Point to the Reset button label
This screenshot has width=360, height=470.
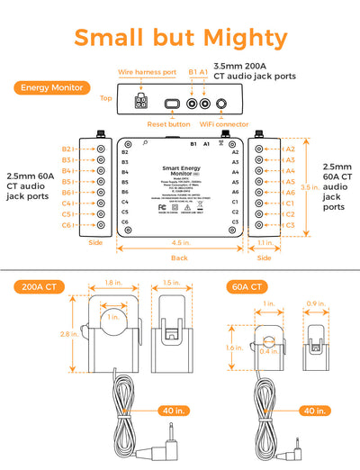click(x=168, y=124)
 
